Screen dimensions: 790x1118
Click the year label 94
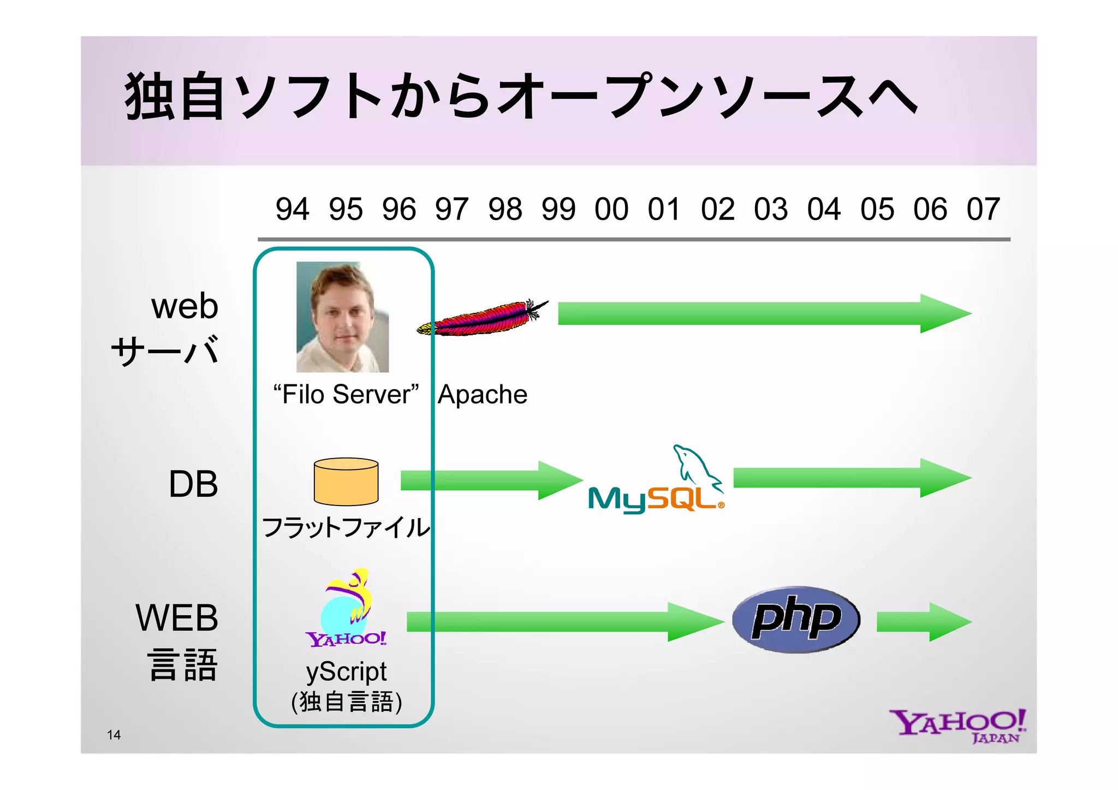(292, 209)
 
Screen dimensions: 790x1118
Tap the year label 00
(611, 209)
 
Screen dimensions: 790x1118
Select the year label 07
(983, 209)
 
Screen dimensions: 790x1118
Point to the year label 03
(771, 209)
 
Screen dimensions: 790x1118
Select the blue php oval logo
(796, 620)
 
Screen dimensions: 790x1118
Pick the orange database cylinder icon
(346, 482)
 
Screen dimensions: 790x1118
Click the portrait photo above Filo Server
(342, 317)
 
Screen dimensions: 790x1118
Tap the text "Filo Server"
(346, 395)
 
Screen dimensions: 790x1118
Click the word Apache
(483, 395)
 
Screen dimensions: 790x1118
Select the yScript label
(346, 672)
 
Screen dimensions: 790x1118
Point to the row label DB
(193, 484)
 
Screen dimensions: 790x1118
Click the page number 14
(114, 735)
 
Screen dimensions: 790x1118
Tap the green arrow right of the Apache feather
(764, 313)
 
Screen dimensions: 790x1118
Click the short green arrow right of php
(924, 622)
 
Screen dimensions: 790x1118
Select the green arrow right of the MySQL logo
(852, 478)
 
